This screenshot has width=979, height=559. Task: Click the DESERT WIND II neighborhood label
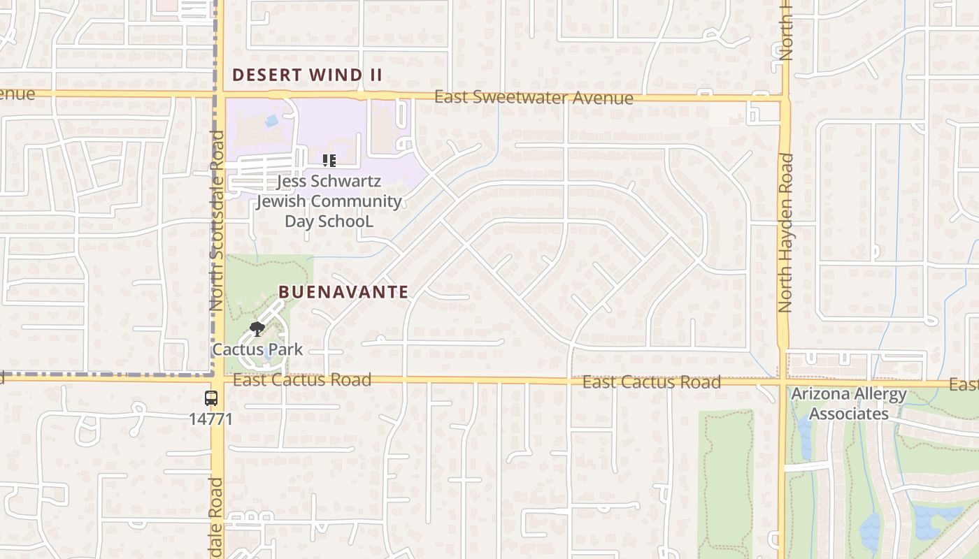(x=307, y=75)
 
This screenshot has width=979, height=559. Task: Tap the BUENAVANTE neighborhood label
(x=343, y=292)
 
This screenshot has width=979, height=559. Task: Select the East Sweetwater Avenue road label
(x=534, y=97)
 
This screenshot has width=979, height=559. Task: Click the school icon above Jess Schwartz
(x=329, y=161)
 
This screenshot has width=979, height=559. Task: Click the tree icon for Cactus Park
(x=257, y=328)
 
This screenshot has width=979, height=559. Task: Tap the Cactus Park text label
(x=257, y=349)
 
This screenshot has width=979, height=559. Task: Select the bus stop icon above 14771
(x=210, y=398)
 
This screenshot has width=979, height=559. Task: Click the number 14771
(x=210, y=419)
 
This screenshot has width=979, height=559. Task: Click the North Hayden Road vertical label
(x=786, y=233)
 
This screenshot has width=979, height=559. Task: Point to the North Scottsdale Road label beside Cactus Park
(x=216, y=221)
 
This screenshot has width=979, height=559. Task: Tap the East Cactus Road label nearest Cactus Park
(x=301, y=380)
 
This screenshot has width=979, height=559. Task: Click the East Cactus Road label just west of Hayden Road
(x=651, y=382)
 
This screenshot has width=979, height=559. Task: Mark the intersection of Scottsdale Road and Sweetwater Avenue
(x=218, y=94)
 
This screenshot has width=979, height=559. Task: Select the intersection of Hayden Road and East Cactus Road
(x=783, y=382)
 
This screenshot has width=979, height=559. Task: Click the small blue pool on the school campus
(x=271, y=121)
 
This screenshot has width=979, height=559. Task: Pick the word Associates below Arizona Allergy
(x=848, y=414)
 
